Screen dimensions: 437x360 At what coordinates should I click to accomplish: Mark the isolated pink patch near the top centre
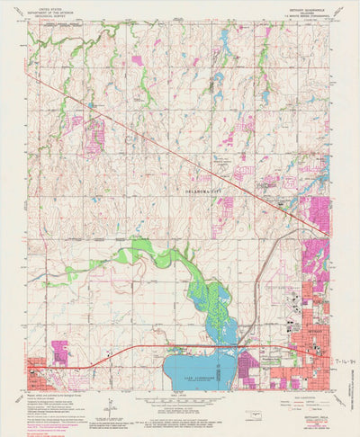tap(137, 60)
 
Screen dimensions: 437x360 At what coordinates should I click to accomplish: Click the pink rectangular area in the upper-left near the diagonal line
tap(94, 135)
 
